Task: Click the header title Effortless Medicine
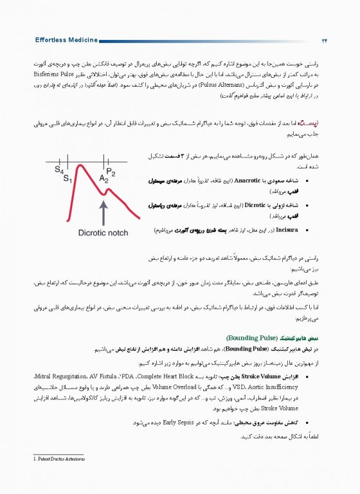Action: (x=67, y=40)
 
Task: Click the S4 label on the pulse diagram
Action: (x=59, y=170)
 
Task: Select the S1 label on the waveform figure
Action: (x=66, y=178)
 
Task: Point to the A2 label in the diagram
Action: (x=104, y=179)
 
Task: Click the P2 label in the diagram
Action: (x=111, y=172)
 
